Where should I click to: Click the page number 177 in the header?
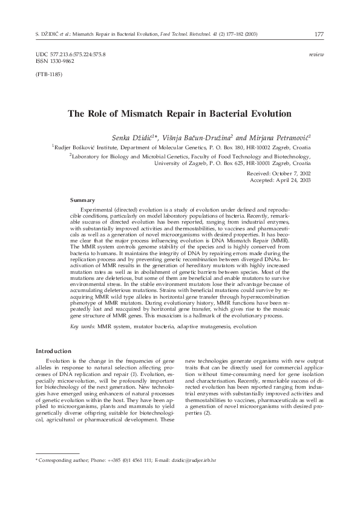point(318,34)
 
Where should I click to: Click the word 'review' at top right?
point(316,54)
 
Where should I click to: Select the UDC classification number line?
point(71,54)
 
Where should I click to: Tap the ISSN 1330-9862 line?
point(56,61)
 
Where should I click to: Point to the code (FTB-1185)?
point(49,74)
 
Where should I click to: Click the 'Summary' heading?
point(83,199)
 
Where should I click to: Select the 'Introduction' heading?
point(54,351)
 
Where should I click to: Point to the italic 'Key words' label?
point(83,326)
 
